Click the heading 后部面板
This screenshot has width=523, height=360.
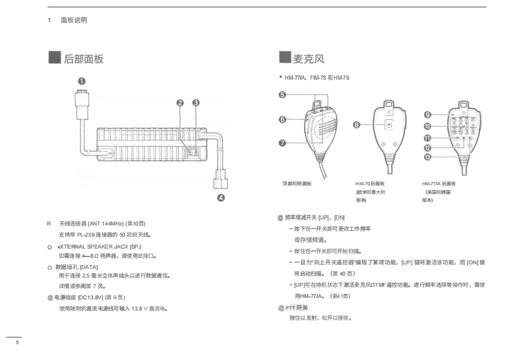[84, 59]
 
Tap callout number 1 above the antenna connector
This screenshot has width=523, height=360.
[81, 81]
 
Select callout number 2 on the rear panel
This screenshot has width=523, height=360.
[180, 102]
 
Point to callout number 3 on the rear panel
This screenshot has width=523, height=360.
[196, 102]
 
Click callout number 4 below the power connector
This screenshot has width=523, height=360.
[220, 196]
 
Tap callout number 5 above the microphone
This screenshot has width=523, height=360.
[282, 95]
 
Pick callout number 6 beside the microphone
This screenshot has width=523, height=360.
[282, 119]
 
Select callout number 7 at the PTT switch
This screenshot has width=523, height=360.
[282, 142]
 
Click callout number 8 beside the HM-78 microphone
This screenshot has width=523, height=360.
[357, 124]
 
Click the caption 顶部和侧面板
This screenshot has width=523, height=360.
[296, 183]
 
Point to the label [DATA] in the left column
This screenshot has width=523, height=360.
[88, 266]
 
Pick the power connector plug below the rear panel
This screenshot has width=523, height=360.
[220, 179]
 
